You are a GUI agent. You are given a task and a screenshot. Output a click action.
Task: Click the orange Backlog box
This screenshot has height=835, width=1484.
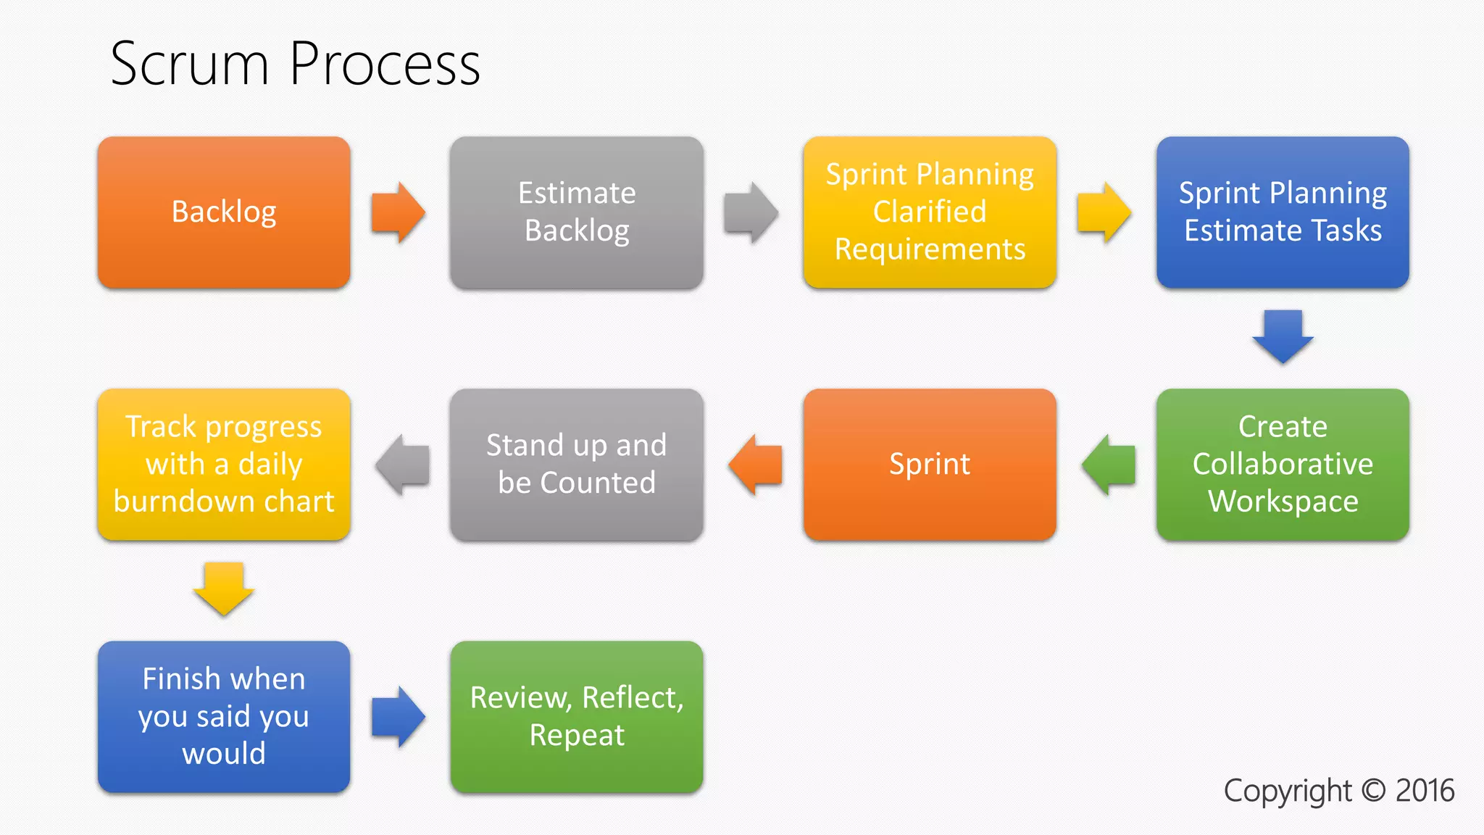pyautogui.click(x=224, y=212)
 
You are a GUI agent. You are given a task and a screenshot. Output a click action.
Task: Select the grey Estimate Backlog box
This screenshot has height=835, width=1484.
pyautogui.click(x=576, y=212)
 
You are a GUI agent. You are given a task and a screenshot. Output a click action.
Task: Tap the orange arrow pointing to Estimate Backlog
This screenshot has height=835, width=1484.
pyautogui.click(x=397, y=212)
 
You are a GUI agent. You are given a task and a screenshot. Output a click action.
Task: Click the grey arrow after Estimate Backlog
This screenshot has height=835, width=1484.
pyautogui.click(x=750, y=212)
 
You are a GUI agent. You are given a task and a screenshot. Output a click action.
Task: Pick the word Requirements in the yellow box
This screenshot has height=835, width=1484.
pyautogui.click(x=930, y=249)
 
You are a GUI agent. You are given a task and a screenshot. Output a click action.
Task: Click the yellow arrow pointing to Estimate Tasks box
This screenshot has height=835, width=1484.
pyautogui.click(x=1103, y=212)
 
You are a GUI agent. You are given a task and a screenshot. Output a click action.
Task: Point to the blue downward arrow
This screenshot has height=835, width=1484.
pyautogui.click(x=1283, y=336)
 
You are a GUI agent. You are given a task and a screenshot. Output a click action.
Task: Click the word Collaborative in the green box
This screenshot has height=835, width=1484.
pyautogui.click(x=1283, y=464)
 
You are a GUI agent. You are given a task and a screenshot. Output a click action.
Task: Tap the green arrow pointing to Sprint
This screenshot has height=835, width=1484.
pyautogui.click(x=1109, y=465)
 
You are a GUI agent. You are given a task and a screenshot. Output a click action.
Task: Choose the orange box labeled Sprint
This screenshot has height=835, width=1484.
pyautogui.click(x=930, y=465)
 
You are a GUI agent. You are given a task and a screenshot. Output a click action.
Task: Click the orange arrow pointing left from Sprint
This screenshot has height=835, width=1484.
pyautogui.click(x=756, y=465)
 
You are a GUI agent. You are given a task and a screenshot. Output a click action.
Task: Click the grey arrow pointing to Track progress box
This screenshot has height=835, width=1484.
pyautogui.click(x=403, y=465)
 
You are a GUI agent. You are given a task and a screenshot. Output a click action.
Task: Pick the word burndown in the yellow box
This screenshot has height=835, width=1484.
pyautogui.click(x=185, y=502)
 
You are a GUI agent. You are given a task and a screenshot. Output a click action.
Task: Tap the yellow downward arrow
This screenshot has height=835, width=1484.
pyautogui.click(x=224, y=588)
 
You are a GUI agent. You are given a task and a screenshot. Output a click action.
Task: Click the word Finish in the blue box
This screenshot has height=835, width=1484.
pyautogui.click(x=180, y=679)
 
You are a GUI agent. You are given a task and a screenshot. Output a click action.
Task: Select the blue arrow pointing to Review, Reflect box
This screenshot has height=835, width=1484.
pyautogui.click(x=397, y=717)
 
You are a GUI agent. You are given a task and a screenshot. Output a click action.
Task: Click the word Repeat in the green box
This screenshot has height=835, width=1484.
pyautogui.click(x=576, y=736)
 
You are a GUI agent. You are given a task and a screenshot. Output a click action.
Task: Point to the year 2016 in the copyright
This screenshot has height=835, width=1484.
pyautogui.click(x=1424, y=791)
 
